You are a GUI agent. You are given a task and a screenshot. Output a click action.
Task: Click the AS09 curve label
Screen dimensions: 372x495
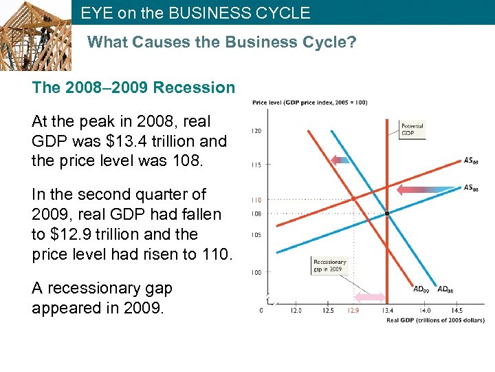(x=471, y=161)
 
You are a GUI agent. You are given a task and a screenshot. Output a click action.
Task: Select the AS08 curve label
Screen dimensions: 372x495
(x=471, y=187)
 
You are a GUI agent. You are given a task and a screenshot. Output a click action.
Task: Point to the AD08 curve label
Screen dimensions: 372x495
(x=446, y=289)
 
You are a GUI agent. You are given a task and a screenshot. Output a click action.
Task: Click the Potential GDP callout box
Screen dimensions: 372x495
(x=412, y=130)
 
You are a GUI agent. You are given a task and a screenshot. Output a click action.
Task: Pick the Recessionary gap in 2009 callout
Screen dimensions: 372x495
(x=329, y=266)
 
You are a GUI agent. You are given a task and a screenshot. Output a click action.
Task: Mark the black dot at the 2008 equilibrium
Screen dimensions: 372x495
(x=387, y=214)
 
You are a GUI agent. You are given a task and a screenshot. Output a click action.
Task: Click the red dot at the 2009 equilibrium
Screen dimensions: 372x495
(x=353, y=198)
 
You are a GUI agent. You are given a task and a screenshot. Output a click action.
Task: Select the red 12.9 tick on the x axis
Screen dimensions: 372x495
(x=353, y=311)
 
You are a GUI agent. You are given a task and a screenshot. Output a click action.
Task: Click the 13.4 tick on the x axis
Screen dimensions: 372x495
(x=387, y=311)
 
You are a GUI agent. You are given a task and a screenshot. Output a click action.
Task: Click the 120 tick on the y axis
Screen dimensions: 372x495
(x=255, y=131)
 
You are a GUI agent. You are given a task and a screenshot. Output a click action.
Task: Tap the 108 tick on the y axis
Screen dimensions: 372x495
(x=255, y=214)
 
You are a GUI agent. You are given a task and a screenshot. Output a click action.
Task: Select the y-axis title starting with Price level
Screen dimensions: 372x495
(x=309, y=103)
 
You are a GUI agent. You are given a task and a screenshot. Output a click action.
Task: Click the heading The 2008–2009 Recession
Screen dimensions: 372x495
(x=133, y=88)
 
